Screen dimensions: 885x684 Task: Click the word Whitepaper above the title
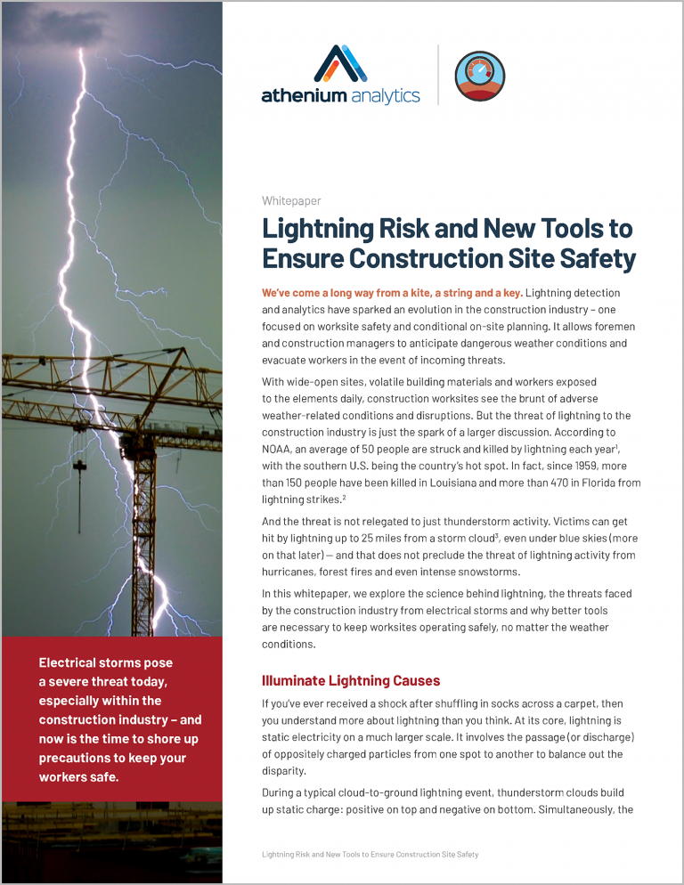291,201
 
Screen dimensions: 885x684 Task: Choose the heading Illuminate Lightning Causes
351,681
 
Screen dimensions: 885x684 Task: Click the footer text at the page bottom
370,854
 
